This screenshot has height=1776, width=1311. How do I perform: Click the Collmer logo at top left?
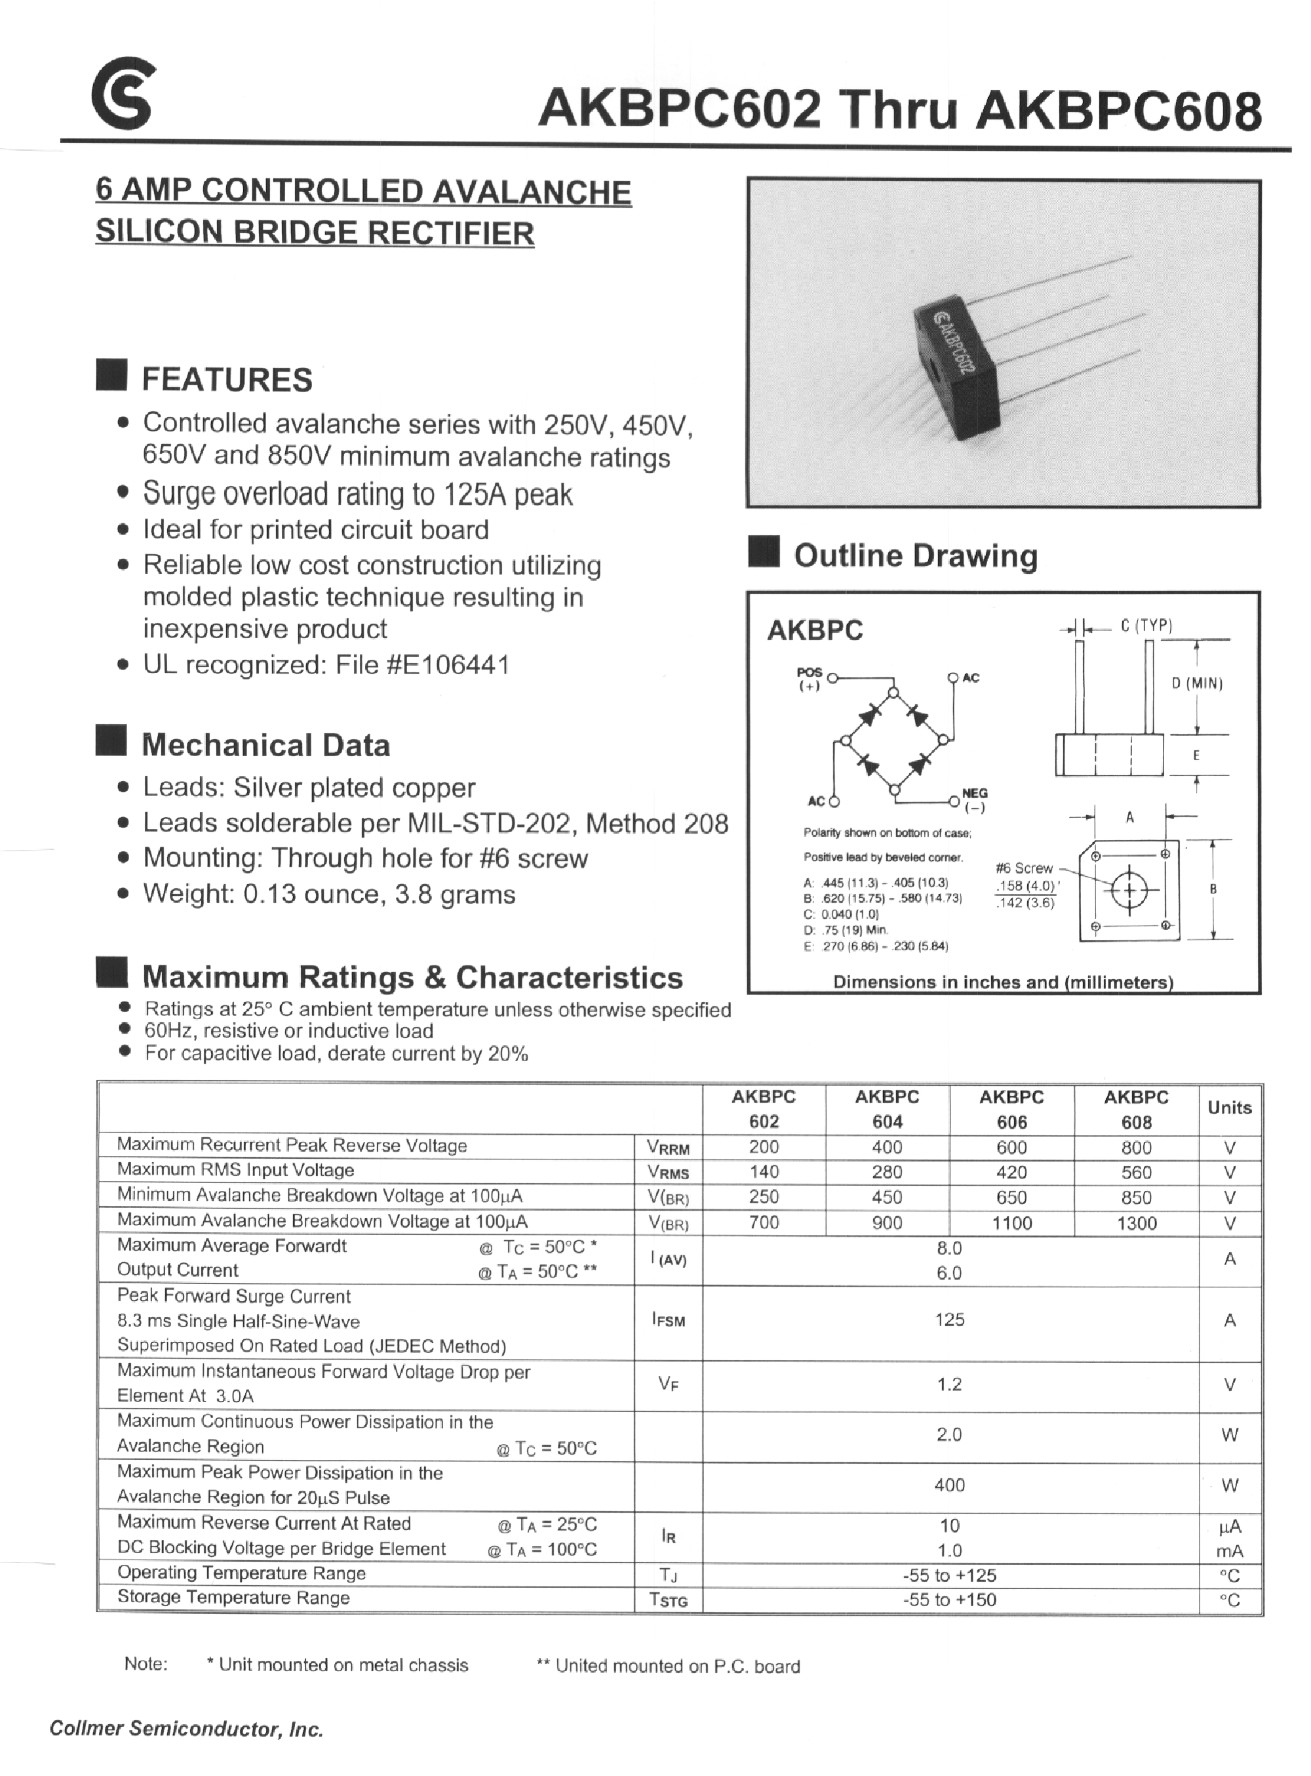tap(124, 93)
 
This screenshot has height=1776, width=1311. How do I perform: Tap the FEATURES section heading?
tap(227, 380)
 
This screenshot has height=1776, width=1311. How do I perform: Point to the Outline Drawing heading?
tap(915, 555)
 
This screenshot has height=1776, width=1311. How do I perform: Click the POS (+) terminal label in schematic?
tap(810, 679)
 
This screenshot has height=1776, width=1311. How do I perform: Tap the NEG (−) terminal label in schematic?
tap(975, 799)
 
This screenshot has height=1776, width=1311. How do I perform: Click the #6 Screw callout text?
tap(1024, 868)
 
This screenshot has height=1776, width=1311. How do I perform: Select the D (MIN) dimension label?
tap(1197, 683)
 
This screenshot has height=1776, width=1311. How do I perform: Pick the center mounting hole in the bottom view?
tap(1130, 893)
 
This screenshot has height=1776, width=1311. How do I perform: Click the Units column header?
tap(1229, 1108)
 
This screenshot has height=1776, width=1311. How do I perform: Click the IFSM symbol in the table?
tap(668, 1320)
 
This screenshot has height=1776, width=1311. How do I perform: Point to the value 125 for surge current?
tap(949, 1320)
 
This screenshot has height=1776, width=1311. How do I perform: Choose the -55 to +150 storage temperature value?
tap(949, 1599)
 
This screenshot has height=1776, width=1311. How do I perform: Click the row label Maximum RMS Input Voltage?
tap(236, 1169)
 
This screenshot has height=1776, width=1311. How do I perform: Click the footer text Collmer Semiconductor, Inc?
tap(187, 1729)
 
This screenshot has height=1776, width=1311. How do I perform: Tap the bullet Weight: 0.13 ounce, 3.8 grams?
tap(328, 894)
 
